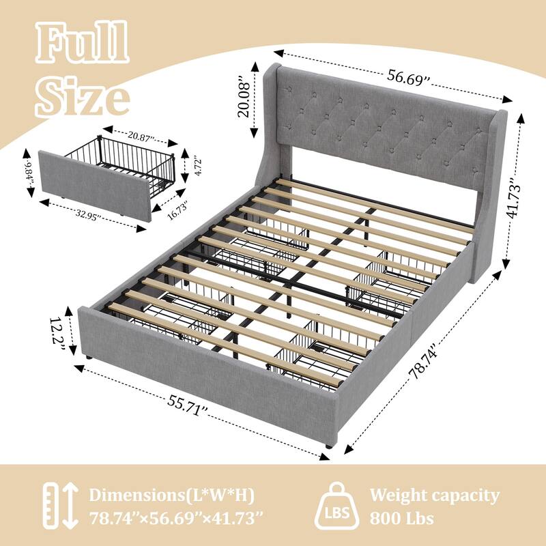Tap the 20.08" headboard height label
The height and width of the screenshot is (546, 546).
[x=244, y=100]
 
